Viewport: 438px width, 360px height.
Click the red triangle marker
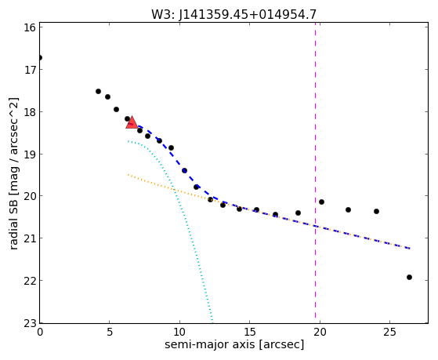[x=132, y=122]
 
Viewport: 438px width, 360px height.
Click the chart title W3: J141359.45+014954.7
[x=233, y=15]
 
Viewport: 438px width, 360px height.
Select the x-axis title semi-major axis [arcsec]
[x=234, y=344]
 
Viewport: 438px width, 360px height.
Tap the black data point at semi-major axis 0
[x=40, y=57]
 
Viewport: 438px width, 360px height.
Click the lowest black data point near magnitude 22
[x=409, y=277]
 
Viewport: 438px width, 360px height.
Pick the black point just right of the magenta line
[x=321, y=202]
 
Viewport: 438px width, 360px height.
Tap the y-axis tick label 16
[x=31, y=27]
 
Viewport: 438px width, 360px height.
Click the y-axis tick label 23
[x=31, y=323]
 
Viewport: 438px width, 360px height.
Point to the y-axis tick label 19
[x=31, y=155]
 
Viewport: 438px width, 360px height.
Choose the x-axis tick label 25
[x=389, y=332]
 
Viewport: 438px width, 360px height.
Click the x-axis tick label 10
[x=179, y=332]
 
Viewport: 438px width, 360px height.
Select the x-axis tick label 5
[x=110, y=332]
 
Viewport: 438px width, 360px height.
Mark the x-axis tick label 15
[x=250, y=332]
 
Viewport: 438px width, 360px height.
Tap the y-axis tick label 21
[x=31, y=238]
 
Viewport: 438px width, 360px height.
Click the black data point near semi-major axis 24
[x=376, y=211]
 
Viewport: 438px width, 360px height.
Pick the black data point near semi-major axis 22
[x=348, y=209]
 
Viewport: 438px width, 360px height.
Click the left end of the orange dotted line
[x=129, y=175]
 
